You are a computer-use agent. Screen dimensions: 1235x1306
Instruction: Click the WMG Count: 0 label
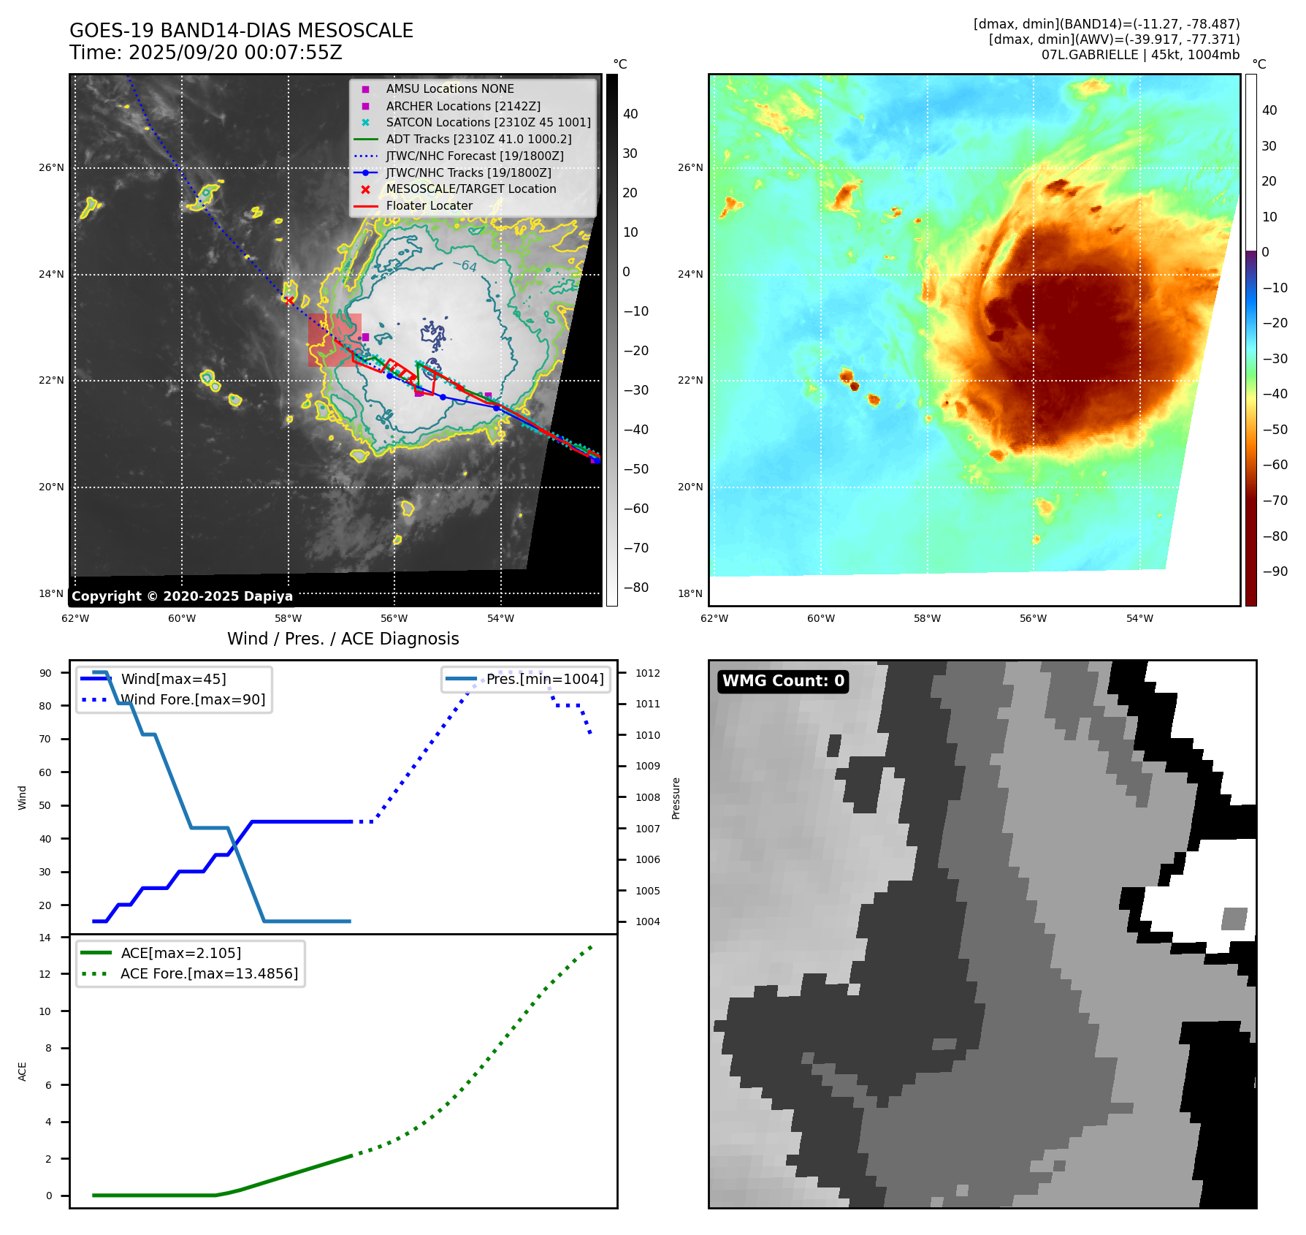point(783,681)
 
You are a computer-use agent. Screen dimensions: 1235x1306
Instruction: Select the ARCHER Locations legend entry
point(463,106)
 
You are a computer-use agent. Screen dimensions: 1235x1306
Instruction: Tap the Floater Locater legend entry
point(429,206)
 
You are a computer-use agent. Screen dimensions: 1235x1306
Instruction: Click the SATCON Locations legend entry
point(488,123)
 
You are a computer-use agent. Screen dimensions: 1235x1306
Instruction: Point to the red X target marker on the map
point(290,300)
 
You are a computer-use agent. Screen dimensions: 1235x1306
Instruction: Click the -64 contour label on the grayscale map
point(465,265)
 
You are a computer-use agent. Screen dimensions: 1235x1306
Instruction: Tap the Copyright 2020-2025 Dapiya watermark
point(182,596)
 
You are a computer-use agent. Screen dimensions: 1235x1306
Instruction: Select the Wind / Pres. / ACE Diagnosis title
point(343,639)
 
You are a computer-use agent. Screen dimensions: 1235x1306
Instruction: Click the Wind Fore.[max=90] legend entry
point(193,699)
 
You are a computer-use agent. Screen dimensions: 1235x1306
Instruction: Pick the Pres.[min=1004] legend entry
point(545,679)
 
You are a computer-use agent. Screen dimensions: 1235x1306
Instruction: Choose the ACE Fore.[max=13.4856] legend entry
point(209,973)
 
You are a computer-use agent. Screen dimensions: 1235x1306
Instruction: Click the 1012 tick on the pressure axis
point(647,673)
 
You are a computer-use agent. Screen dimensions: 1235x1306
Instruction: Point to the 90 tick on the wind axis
point(45,673)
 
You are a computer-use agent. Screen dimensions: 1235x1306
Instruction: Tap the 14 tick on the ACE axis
point(45,938)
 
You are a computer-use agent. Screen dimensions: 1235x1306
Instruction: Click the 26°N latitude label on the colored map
point(690,168)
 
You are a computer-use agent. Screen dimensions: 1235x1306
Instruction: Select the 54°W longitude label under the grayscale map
point(500,618)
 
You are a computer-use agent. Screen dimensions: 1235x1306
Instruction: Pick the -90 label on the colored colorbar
point(1275,571)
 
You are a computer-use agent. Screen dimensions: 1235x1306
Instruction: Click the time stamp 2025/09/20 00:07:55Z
point(235,53)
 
